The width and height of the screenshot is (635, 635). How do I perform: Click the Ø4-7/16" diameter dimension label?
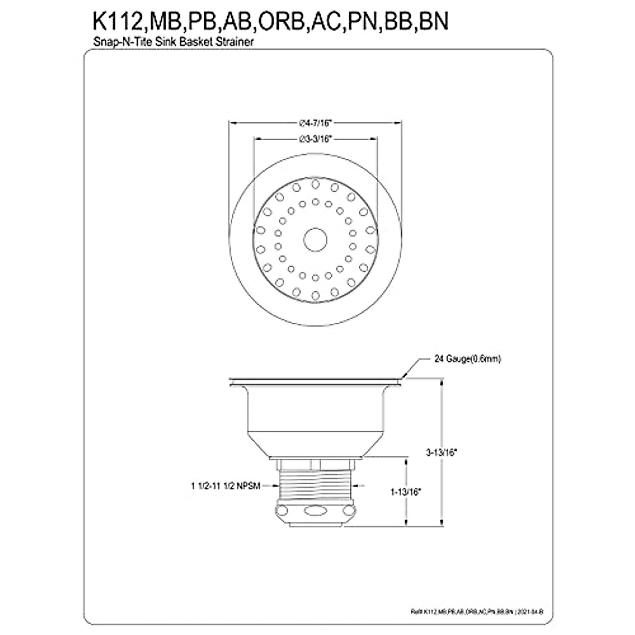pos(315,123)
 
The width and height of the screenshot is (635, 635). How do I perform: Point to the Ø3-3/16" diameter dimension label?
pos(316,139)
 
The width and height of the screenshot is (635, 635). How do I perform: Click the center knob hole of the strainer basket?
pos(315,239)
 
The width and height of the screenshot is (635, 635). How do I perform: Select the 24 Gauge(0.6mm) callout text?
pos(467,359)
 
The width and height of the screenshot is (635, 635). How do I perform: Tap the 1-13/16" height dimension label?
pos(406,492)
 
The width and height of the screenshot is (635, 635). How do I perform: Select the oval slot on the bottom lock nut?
pos(315,511)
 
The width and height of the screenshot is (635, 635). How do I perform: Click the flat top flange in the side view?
pos(315,379)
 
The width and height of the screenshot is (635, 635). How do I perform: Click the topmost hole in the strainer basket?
pos(315,184)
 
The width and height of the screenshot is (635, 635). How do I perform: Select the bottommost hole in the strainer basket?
pos(315,294)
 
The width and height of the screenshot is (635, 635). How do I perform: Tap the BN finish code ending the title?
pos(434,22)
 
